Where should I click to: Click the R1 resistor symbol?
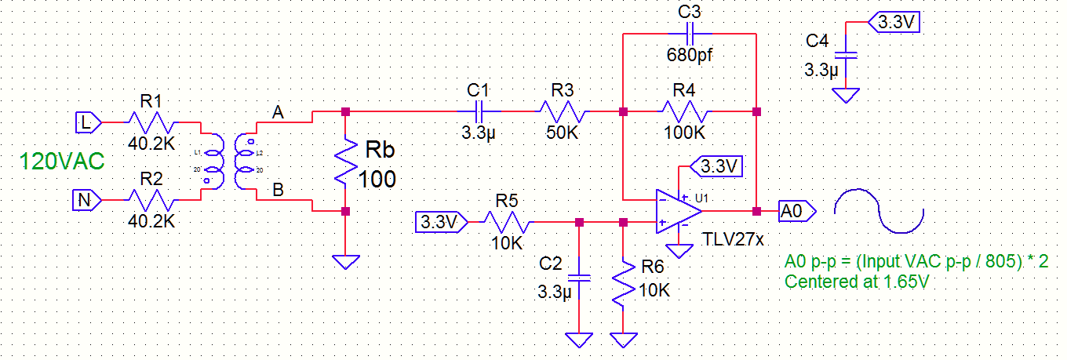pyautogui.click(x=152, y=122)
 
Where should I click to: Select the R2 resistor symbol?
pyautogui.click(x=152, y=201)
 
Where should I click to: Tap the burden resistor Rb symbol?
pyautogui.click(x=345, y=162)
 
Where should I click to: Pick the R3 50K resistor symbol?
pyautogui.click(x=563, y=112)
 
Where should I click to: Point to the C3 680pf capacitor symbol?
pyautogui.click(x=690, y=35)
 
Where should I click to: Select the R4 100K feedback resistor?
pyautogui.click(x=690, y=112)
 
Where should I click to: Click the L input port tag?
pyautogui.click(x=88, y=122)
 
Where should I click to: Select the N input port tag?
pyautogui.click(x=88, y=201)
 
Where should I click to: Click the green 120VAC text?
pyautogui.click(x=61, y=162)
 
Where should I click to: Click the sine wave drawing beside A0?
pyautogui.click(x=879, y=211)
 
